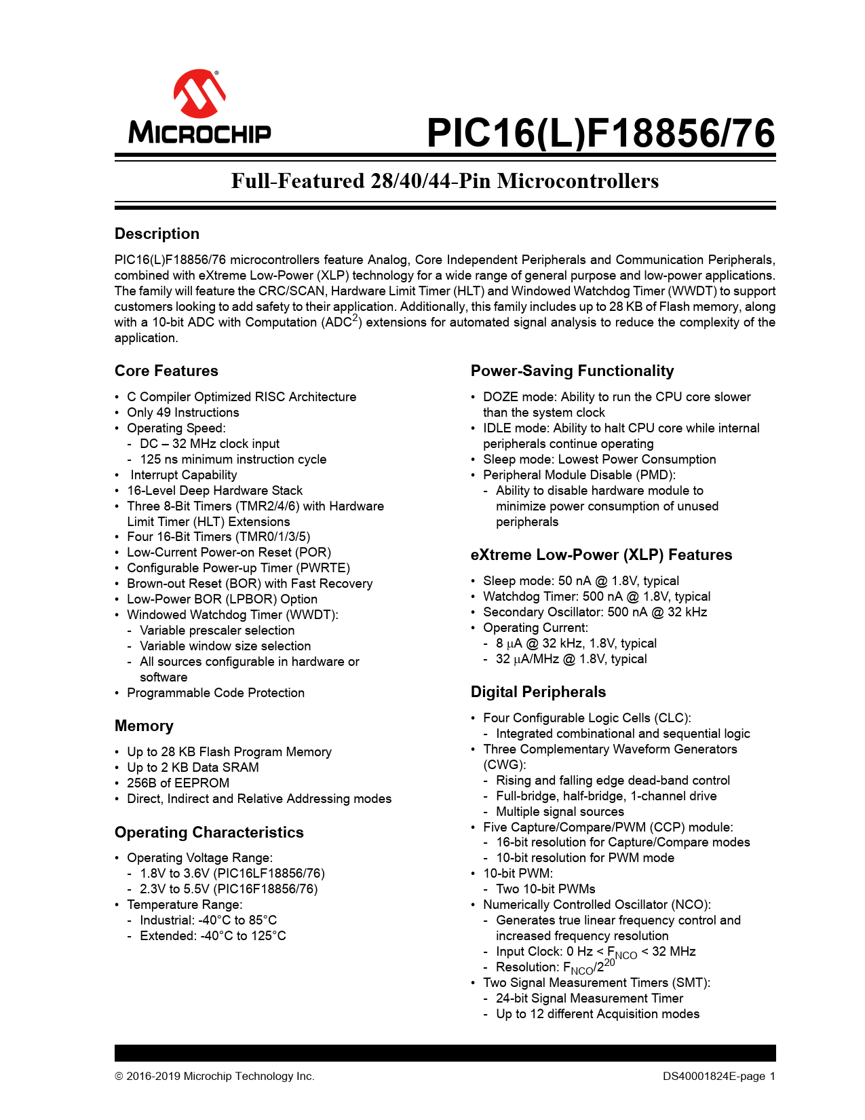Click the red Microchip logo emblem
(x=199, y=93)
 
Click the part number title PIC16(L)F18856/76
(x=600, y=133)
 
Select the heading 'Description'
(x=157, y=234)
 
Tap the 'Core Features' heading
(x=166, y=371)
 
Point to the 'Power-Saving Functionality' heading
(x=572, y=371)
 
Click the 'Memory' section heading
(x=144, y=726)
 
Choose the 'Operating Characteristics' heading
(x=209, y=832)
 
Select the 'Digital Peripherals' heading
(x=538, y=692)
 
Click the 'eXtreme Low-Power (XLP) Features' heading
(x=601, y=555)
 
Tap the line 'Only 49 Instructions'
(x=182, y=412)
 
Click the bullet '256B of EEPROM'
(x=178, y=783)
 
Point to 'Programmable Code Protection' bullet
(x=216, y=692)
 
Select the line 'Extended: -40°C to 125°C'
(x=212, y=935)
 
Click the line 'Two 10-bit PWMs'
(x=545, y=889)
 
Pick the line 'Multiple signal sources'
(x=560, y=811)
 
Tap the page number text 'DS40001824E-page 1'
(x=719, y=1076)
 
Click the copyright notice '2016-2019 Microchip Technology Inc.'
(x=220, y=1076)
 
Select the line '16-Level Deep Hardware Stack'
(x=214, y=490)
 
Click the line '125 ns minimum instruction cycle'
(x=233, y=459)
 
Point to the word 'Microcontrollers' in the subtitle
(x=577, y=181)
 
